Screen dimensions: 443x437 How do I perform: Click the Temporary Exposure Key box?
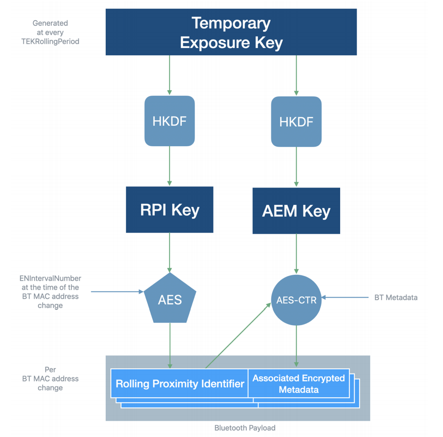click(x=231, y=32)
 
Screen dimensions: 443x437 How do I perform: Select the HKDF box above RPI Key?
click(x=170, y=121)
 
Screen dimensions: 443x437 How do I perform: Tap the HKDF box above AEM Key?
click(x=296, y=122)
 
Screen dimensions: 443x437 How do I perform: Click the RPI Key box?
click(x=170, y=210)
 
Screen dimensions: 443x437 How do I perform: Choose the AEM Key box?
click(x=296, y=211)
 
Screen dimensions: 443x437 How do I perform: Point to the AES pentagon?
click(x=170, y=299)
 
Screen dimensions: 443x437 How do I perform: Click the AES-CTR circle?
click(x=296, y=300)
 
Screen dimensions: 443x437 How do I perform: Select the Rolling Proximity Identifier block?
click(x=179, y=383)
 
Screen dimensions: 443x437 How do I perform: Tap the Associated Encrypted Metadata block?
click(x=299, y=383)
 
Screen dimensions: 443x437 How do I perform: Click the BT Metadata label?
click(x=396, y=297)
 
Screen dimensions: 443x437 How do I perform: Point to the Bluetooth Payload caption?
click(x=245, y=428)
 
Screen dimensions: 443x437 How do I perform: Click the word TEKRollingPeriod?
click(x=50, y=41)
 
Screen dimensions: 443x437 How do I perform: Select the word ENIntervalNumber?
click(x=50, y=279)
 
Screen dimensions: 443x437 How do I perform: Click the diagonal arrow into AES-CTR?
click(x=238, y=335)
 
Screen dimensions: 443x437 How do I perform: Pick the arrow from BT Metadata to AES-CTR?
click(x=345, y=297)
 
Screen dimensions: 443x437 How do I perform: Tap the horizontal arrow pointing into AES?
click(x=117, y=291)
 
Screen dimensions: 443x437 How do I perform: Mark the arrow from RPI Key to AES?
click(x=170, y=253)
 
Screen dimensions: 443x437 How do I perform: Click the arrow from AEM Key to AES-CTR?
click(x=296, y=254)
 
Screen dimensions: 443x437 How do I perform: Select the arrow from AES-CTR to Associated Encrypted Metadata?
click(x=296, y=346)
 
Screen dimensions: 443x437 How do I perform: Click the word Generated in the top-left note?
click(x=50, y=23)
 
